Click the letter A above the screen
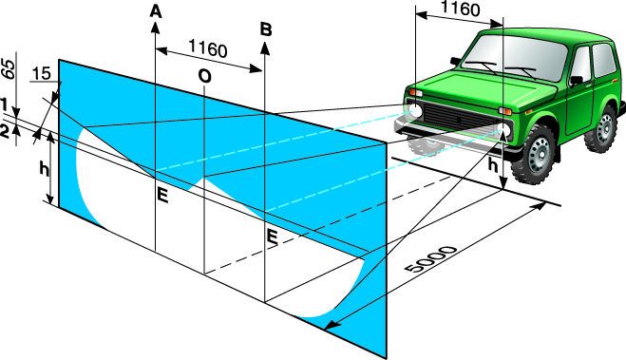(x=156, y=11)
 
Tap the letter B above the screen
(x=266, y=30)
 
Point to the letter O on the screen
(x=205, y=76)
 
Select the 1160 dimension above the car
(x=461, y=9)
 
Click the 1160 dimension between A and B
(x=208, y=49)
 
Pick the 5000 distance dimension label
(x=430, y=259)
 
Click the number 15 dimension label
(x=41, y=74)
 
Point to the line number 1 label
(x=4, y=105)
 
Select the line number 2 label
(x=5, y=131)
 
